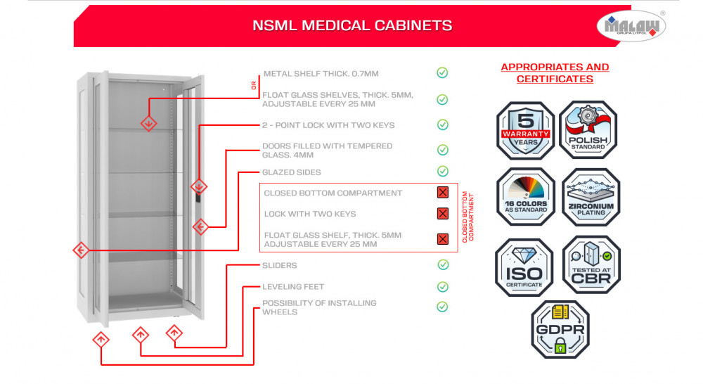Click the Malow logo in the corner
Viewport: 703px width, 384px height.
tap(631, 26)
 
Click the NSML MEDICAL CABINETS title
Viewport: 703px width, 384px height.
tap(352, 26)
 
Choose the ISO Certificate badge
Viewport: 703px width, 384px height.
tap(524, 267)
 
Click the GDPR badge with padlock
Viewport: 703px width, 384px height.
tap(560, 329)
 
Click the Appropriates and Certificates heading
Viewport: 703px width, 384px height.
tap(555, 73)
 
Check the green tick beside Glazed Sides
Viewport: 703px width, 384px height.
tap(442, 172)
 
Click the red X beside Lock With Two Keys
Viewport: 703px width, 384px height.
tap(443, 214)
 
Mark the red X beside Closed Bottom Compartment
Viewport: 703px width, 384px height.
tap(443, 193)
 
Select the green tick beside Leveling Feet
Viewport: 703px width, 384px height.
tap(443, 287)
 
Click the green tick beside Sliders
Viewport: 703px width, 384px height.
tap(443, 265)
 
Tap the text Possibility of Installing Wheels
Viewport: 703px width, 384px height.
tap(319, 307)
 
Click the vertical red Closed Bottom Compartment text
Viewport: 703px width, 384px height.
tap(467, 216)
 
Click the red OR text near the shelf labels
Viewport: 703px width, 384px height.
tap(254, 86)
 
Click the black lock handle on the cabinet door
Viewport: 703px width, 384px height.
tap(198, 199)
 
